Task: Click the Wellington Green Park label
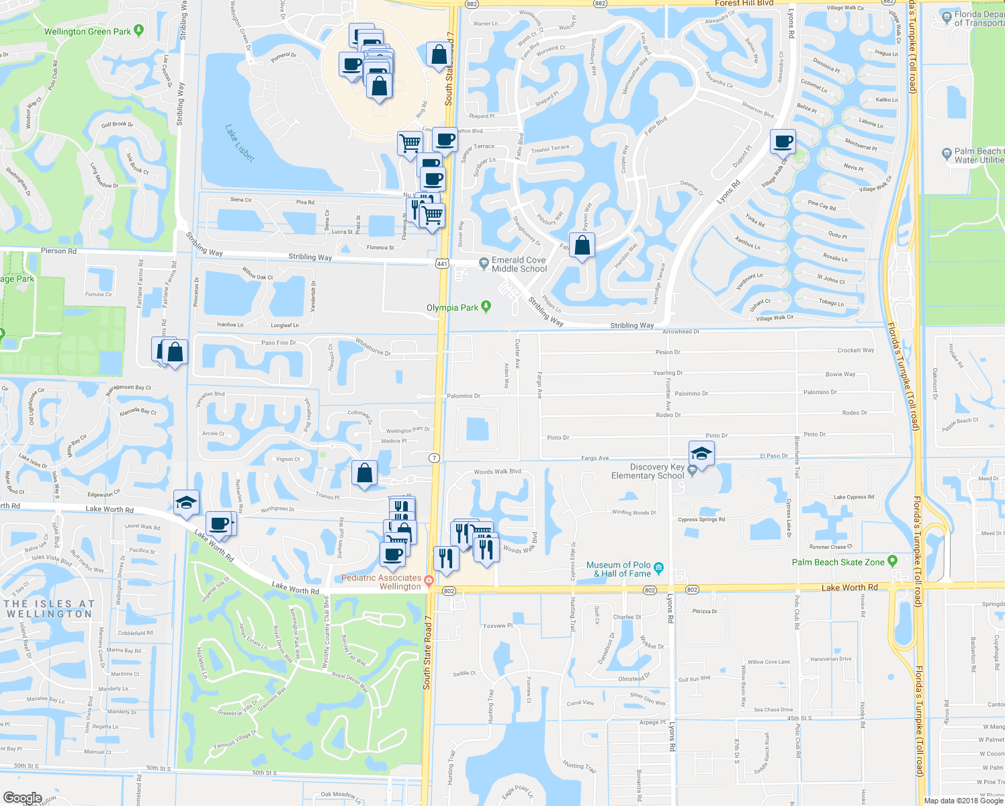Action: click(x=87, y=32)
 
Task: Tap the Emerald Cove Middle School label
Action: click(x=519, y=265)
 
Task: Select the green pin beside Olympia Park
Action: click(x=486, y=307)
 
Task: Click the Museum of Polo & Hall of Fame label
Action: click(x=618, y=570)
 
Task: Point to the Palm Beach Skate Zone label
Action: click(x=838, y=562)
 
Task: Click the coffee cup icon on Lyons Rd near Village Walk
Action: click(x=783, y=142)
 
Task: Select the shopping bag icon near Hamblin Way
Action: click(x=582, y=245)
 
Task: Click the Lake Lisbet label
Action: click(x=240, y=142)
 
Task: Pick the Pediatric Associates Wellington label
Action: click(x=381, y=582)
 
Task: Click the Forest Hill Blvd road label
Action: click(x=744, y=3)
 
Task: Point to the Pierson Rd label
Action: click(x=59, y=251)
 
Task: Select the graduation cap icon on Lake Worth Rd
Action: click(x=187, y=502)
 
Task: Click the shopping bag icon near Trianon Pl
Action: click(x=364, y=473)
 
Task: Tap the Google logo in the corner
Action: click(x=23, y=798)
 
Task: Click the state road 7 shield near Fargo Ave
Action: click(x=435, y=458)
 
